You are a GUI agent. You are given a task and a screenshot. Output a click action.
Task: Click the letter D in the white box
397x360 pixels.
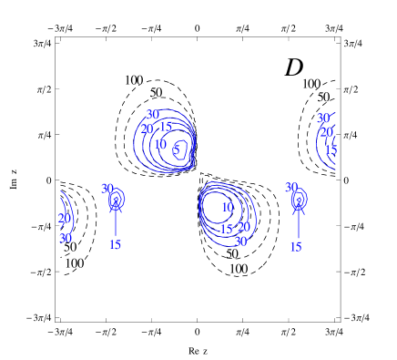coord(294,67)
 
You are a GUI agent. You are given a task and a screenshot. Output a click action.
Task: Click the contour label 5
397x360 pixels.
coord(177,149)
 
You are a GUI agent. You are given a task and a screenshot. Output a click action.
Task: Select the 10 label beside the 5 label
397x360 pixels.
coord(159,144)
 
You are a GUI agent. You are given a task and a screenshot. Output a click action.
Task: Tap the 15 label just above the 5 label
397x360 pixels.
coord(165,127)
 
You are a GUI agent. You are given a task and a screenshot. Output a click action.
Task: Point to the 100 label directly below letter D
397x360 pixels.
coord(310,84)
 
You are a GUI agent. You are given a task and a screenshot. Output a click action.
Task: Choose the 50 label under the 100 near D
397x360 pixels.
coord(323,97)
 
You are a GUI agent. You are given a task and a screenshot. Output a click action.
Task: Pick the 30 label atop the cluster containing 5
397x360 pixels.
coord(152,115)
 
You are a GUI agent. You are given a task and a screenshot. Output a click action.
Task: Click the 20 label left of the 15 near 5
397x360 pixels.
coord(147,129)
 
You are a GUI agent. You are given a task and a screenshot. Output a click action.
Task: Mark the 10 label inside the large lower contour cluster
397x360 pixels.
coord(227,207)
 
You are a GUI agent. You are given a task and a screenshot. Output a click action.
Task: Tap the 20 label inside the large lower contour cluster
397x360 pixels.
coord(243,227)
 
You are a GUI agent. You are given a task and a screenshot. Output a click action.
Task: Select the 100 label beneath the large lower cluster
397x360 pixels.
coord(238,269)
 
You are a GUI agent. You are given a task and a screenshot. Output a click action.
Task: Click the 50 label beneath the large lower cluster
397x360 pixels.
coord(232,253)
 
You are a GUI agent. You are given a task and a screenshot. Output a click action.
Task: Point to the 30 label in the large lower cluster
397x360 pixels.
coord(240,242)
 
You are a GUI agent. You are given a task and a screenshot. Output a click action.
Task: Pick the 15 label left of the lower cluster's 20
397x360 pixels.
coord(226,230)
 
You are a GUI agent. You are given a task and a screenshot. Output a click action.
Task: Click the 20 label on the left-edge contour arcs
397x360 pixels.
coord(64,218)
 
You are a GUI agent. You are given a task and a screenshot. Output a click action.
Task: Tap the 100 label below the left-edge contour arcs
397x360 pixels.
coord(74,263)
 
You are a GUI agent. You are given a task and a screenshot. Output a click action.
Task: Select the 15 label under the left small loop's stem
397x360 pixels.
coord(115,244)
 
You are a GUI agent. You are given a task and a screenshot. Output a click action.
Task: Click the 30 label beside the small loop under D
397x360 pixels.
coord(290,188)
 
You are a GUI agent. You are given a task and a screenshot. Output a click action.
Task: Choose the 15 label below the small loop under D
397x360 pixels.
coord(295,247)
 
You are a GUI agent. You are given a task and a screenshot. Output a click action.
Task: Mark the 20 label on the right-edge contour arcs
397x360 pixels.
coord(326,132)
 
